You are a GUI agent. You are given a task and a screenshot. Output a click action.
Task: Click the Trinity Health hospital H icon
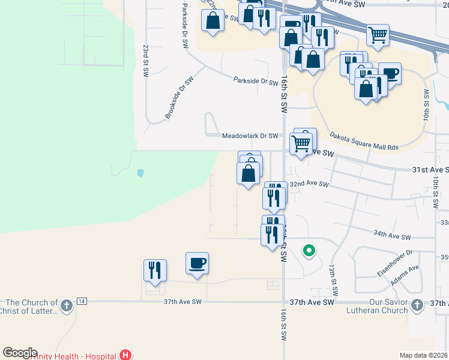(x=125, y=355)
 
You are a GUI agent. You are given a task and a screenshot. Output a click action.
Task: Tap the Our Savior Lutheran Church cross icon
(x=417, y=307)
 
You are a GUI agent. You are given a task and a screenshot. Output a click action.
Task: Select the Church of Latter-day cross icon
(x=66, y=307)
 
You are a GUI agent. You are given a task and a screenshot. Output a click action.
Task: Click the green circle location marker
(x=309, y=250)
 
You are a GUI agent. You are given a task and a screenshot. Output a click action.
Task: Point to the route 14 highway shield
(x=82, y=301)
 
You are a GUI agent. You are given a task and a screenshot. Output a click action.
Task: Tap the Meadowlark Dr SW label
(x=250, y=136)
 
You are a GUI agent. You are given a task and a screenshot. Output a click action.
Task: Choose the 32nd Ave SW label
(x=309, y=185)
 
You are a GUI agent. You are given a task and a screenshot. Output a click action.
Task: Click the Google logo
(x=20, y=353)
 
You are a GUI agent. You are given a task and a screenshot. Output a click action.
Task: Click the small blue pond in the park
(x=140, y=173)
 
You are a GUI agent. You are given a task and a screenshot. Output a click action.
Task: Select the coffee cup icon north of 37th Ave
(x=197, y=263)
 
